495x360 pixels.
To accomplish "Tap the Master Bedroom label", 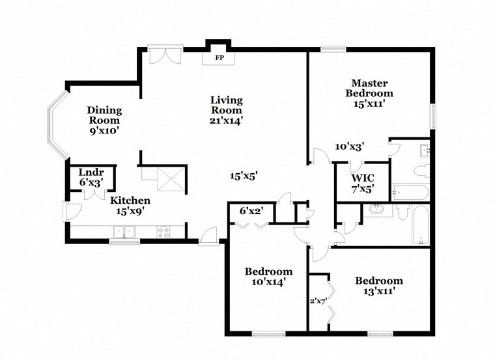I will [369, 88].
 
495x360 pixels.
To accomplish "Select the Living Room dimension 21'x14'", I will [226, 120].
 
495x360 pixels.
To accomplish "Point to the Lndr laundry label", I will [91, 172].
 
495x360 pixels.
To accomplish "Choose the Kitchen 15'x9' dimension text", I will [130, 210].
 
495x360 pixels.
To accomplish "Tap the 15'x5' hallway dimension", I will [244, 175].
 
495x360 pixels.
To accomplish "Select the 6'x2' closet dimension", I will [251, 210].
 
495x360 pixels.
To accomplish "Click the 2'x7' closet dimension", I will [317, 300].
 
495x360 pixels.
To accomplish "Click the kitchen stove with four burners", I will [163, 230].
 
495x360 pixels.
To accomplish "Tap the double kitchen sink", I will [124, 230].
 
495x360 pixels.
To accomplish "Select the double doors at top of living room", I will [162, 56].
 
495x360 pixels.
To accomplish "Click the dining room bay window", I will [55, 125].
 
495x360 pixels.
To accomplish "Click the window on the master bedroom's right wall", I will [431, 117].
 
